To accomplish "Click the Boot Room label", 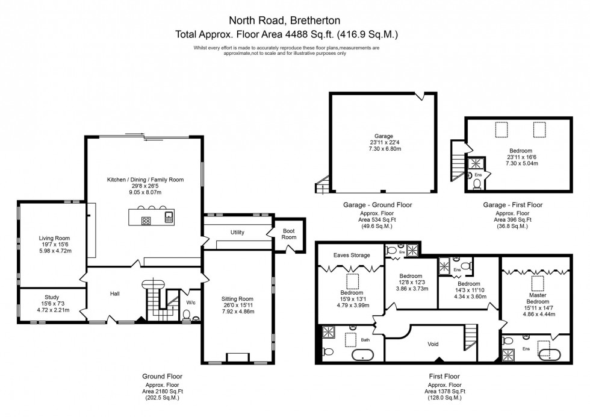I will (289, 234).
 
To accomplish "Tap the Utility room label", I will (237, 232).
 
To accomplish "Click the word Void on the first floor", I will (433, 344).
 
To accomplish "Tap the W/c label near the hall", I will (190, 303).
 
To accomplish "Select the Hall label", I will (114, 293).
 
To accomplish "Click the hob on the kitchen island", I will (146, 220).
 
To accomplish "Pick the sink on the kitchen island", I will (169, 217).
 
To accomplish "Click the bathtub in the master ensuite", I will (550, 354).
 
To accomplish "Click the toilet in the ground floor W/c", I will (187, 315).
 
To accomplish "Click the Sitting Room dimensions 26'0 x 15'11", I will (237, 306).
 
